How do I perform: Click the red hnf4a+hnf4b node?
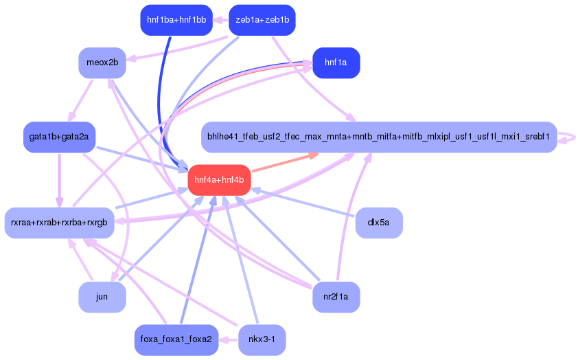coord(220,180)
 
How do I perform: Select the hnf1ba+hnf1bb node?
coord(176,20)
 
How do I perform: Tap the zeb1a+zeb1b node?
coord(262,20)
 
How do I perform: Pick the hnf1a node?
coord(336,63)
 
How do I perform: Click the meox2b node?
coord(102,63)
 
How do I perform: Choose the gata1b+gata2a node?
coord(59,137)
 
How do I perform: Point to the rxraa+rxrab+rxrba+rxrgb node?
coord(59,223)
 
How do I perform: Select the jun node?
coord(102,297)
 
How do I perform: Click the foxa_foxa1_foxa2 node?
coord(176,339)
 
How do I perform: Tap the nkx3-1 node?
coord(262,339)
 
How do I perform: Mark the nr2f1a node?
coord(336,297)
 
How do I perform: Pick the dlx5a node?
coord(379,223)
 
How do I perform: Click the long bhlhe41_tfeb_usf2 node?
coord(379,137)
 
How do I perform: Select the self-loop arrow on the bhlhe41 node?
coord(568,137)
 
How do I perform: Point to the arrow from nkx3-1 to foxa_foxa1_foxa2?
coord(229,339)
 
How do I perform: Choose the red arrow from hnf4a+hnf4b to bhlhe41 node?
coord(286,163)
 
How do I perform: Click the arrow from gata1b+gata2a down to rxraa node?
coord(59,180)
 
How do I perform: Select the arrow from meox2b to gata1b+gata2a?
coord(81,100)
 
